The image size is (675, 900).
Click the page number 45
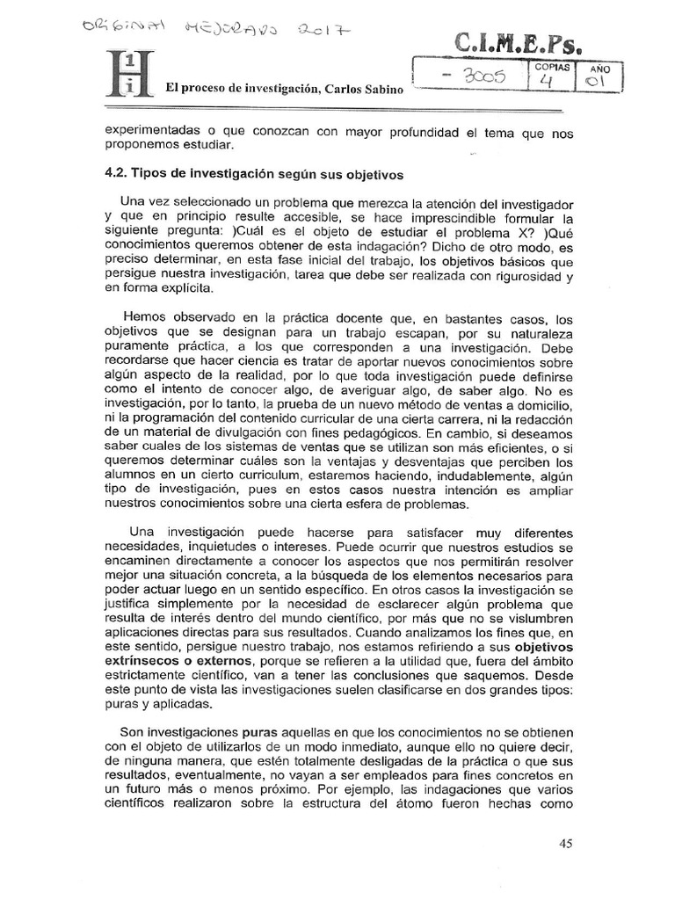pos(565,844)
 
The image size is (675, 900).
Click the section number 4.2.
pos(115,173)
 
